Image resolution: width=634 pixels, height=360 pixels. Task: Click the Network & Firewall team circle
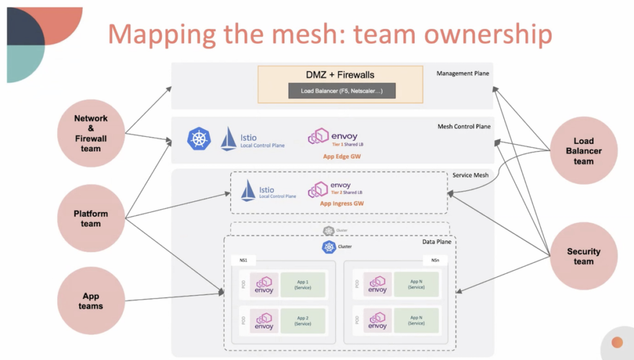click(91, 133)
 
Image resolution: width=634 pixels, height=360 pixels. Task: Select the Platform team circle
click(91, 218)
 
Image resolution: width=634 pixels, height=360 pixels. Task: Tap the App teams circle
click(91, 301)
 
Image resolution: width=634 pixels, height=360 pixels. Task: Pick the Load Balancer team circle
click(583, 151)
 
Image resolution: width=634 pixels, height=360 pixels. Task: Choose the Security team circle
click(583, 256)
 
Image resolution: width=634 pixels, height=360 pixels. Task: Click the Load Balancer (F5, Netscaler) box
click(341, 91)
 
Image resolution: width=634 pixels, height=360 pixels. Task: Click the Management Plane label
click(462, 74)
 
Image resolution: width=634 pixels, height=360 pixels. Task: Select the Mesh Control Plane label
click(464, 127)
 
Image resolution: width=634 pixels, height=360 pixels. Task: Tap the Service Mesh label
click(470, 175)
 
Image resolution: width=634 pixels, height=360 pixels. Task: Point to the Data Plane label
click(437, 241)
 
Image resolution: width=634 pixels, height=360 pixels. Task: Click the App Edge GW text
click(342, 157)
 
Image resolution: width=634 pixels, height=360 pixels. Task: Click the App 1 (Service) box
click(303, 284)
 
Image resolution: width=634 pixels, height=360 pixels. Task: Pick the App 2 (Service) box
click(303, 320)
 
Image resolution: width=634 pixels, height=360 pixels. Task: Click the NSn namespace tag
click(435, 260)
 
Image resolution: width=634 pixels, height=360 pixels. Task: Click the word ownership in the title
click(486, 35)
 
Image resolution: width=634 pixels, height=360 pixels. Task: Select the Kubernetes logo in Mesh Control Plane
click(199, 139)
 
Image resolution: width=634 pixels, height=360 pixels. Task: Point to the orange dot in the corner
click(617, 342)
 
